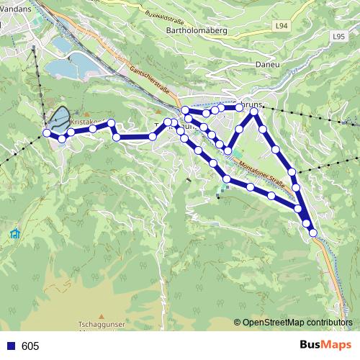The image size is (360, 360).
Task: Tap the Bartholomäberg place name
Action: pyautogui.click(x=197, y=30)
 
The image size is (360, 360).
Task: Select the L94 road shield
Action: pyautogui.click(x=282, y=26)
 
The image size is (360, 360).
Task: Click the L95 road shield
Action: pyautogui.click(x=339, y=35)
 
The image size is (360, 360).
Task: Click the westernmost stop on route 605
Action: pyautogui.click(x=47, y=132)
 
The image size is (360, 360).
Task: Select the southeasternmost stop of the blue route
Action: pyautogui.click(x=312, y=233)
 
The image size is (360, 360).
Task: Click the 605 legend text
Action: pyautogui.click(x=30, y=346)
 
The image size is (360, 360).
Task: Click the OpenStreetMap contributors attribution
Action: pyautogui.click(x=297, y=323)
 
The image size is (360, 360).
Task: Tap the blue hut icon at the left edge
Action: pyautogui.click(x=15, y=233)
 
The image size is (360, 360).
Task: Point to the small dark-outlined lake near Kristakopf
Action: pyautogui.click(x=59, y=117)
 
